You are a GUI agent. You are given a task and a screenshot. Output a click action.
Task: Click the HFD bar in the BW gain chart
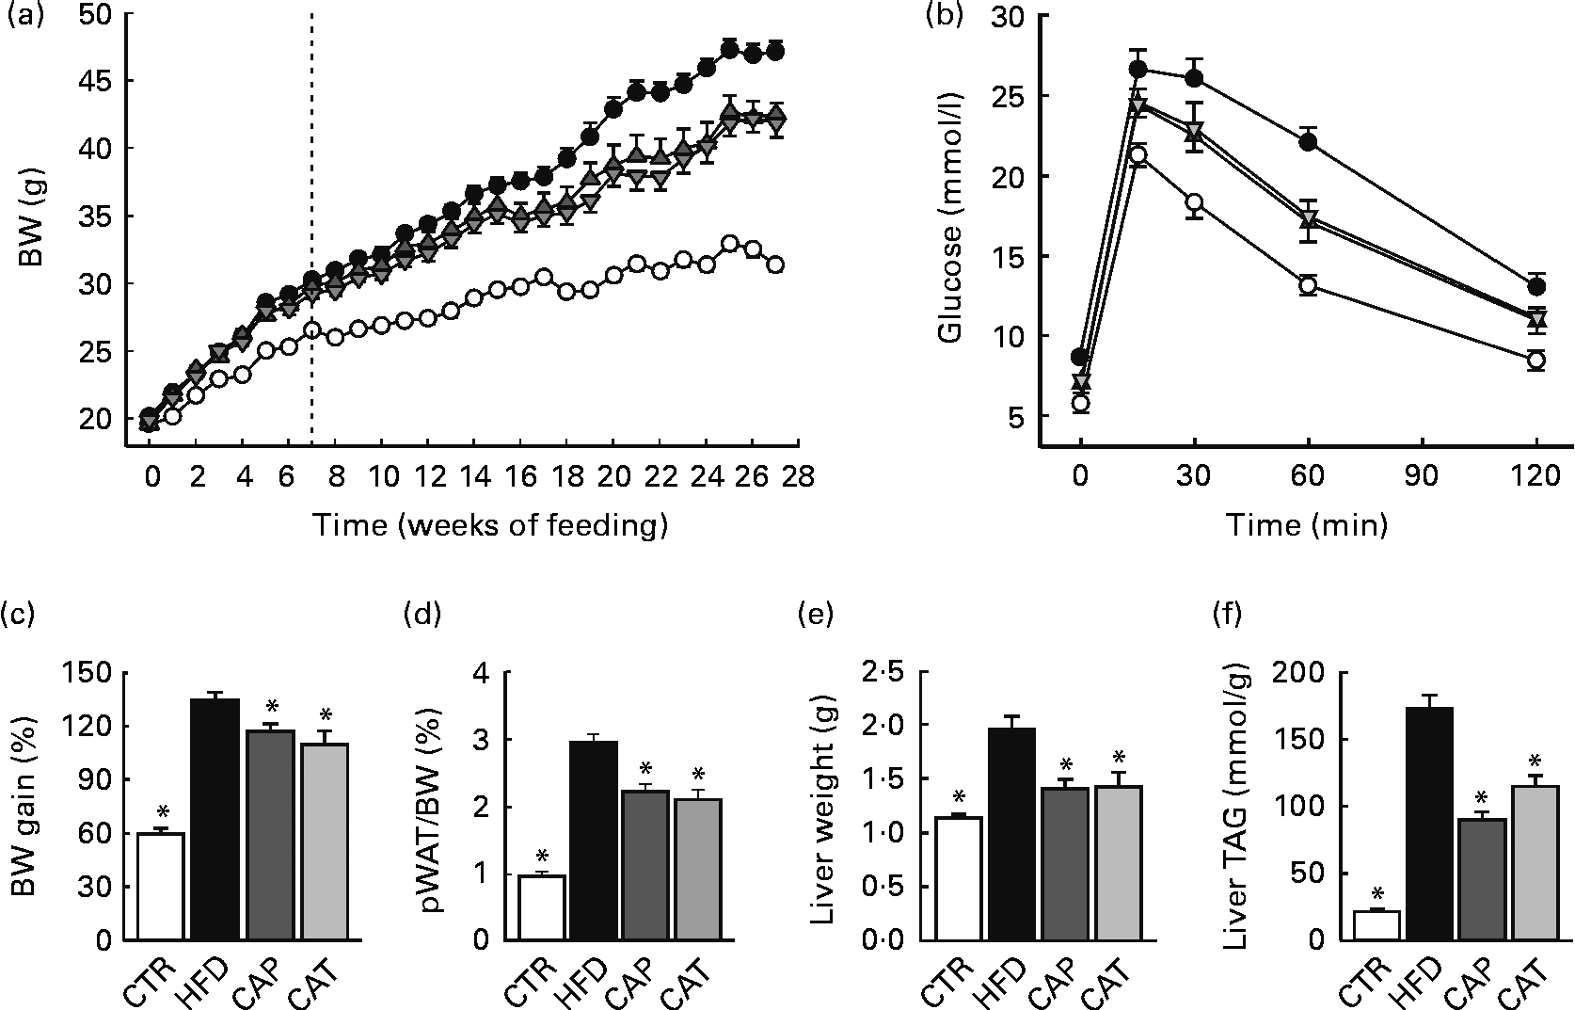click(x=215, y=819)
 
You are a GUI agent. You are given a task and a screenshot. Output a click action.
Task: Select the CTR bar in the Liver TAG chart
click(x=1376, y=925)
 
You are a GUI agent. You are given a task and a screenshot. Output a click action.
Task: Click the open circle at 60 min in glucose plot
click(x=1308, y=286)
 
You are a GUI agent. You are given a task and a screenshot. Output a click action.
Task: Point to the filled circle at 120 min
click(x=1535, y=286)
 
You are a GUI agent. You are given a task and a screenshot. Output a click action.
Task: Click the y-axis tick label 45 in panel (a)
click(x=97, y=82)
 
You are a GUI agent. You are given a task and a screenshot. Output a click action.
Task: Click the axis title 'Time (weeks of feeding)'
click(x=490, y=524)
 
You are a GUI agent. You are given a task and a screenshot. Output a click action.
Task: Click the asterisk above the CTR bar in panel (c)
click(x=162, y=812)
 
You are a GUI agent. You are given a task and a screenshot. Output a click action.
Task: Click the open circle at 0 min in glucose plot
click(x=1081, y=404)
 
